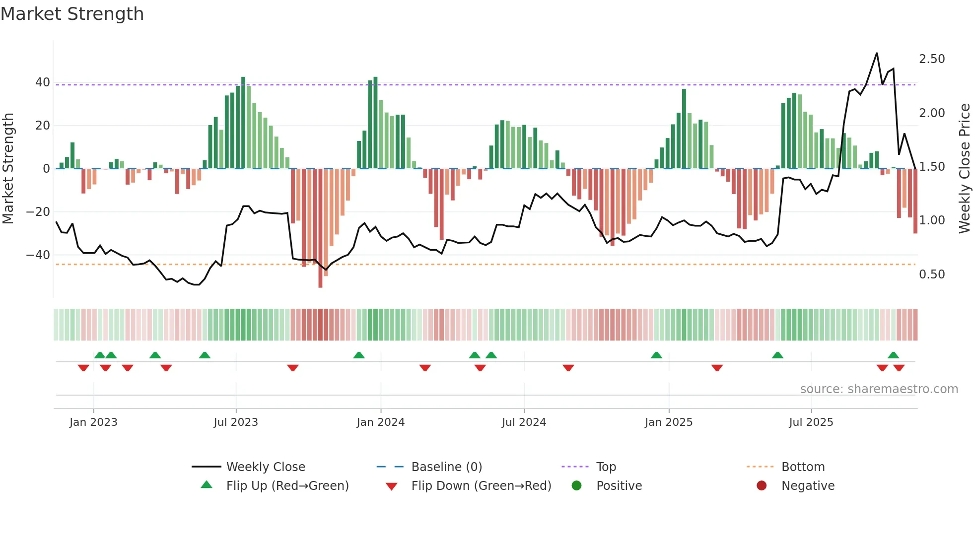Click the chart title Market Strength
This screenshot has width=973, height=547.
(72, 14)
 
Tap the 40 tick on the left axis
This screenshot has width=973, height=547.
(43, 82)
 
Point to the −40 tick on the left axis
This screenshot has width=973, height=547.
(39, 255)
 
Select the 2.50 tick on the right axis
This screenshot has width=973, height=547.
(932, 59)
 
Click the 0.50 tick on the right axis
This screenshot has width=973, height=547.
(932, 274)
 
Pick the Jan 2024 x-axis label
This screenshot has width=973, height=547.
(380, 422)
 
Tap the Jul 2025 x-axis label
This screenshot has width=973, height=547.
(811, 422)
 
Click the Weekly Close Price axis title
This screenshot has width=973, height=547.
(964, 168)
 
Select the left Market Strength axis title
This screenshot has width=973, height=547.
(8, 168)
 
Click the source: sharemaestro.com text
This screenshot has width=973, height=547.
(879, 389)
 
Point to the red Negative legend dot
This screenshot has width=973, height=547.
(762, 486)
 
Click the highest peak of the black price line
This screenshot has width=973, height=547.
(877, 53)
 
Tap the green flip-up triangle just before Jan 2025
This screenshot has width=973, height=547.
(656, 355)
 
